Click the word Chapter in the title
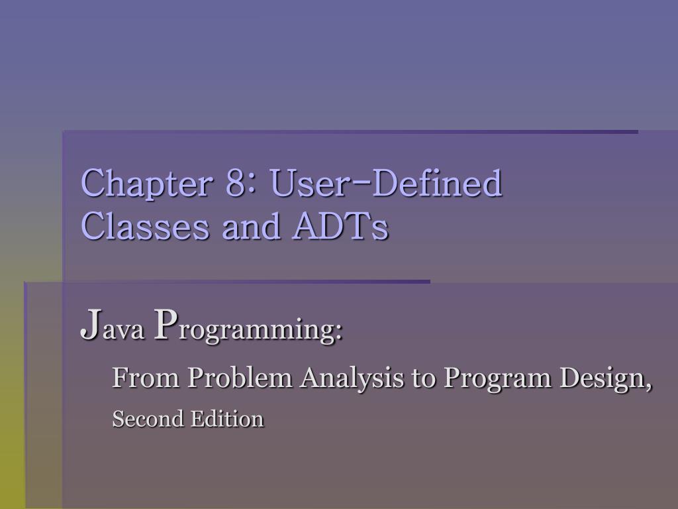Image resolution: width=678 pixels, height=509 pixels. (x=146, y=184)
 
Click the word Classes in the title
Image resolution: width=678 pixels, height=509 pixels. (x=145, y=225)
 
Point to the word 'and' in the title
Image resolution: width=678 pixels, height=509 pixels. (x=251, y=225)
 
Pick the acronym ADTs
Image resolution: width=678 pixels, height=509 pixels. (x=340, y=225)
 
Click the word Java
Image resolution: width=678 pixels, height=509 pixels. (x=112, y=325)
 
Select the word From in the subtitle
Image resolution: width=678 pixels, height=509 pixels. (x=146, y=377)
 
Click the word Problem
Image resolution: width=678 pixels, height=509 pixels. (x=240, y=377)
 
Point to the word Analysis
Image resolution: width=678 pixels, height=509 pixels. (x=352, y=378)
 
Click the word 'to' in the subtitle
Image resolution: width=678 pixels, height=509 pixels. (x=423, y=378)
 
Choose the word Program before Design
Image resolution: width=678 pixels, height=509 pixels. (x=497, y=379)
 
